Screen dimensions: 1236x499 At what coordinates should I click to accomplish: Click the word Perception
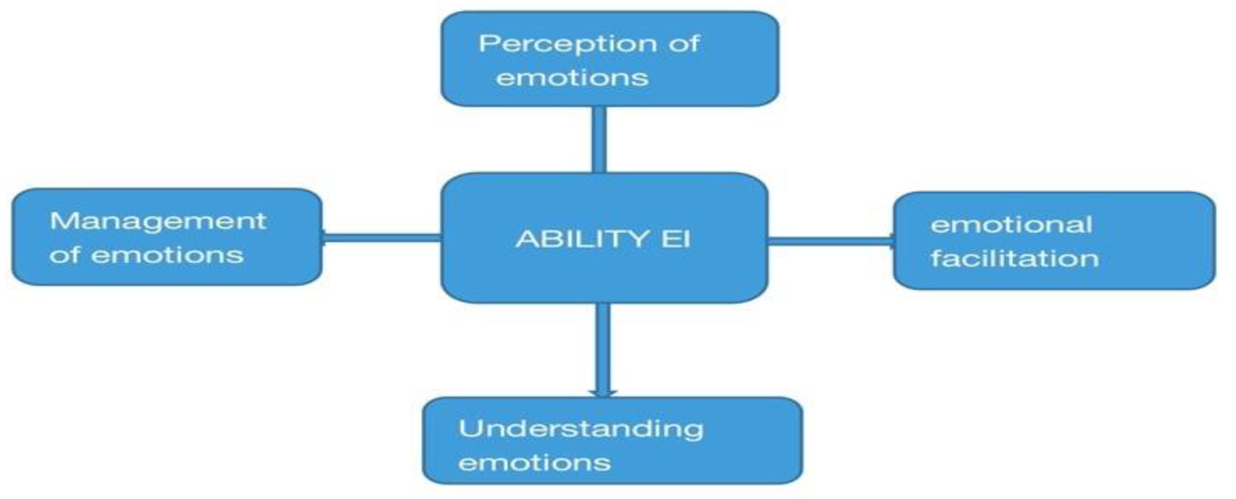568,44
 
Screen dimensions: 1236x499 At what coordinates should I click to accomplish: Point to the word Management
158,221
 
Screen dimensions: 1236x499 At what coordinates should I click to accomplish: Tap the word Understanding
581,429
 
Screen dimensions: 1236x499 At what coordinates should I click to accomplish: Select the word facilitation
1015,258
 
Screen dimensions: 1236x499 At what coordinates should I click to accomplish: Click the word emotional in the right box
1012,225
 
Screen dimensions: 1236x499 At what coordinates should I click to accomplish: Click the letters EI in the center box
676,239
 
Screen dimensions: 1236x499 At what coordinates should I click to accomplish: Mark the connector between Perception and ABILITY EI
599,140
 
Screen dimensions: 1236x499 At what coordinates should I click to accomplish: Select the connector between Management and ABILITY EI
382,238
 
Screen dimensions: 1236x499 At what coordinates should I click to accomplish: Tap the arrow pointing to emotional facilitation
830,242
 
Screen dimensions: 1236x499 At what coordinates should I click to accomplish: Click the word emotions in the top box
572,78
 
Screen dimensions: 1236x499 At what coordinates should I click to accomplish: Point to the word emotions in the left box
167,255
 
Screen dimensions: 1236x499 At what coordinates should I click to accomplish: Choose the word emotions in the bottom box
534,463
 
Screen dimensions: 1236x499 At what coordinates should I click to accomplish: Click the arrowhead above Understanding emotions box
603,393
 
